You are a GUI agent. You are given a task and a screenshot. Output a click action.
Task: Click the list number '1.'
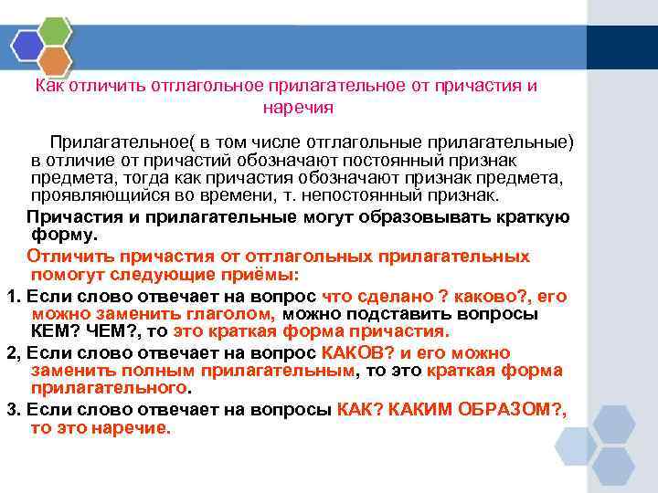click(13, 297)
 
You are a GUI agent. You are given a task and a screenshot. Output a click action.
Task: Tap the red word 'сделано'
click(380, 297)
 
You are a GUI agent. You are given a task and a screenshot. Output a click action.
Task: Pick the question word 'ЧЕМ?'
click(115, 330)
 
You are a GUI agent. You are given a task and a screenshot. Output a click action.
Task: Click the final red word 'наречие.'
click(135, 427)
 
